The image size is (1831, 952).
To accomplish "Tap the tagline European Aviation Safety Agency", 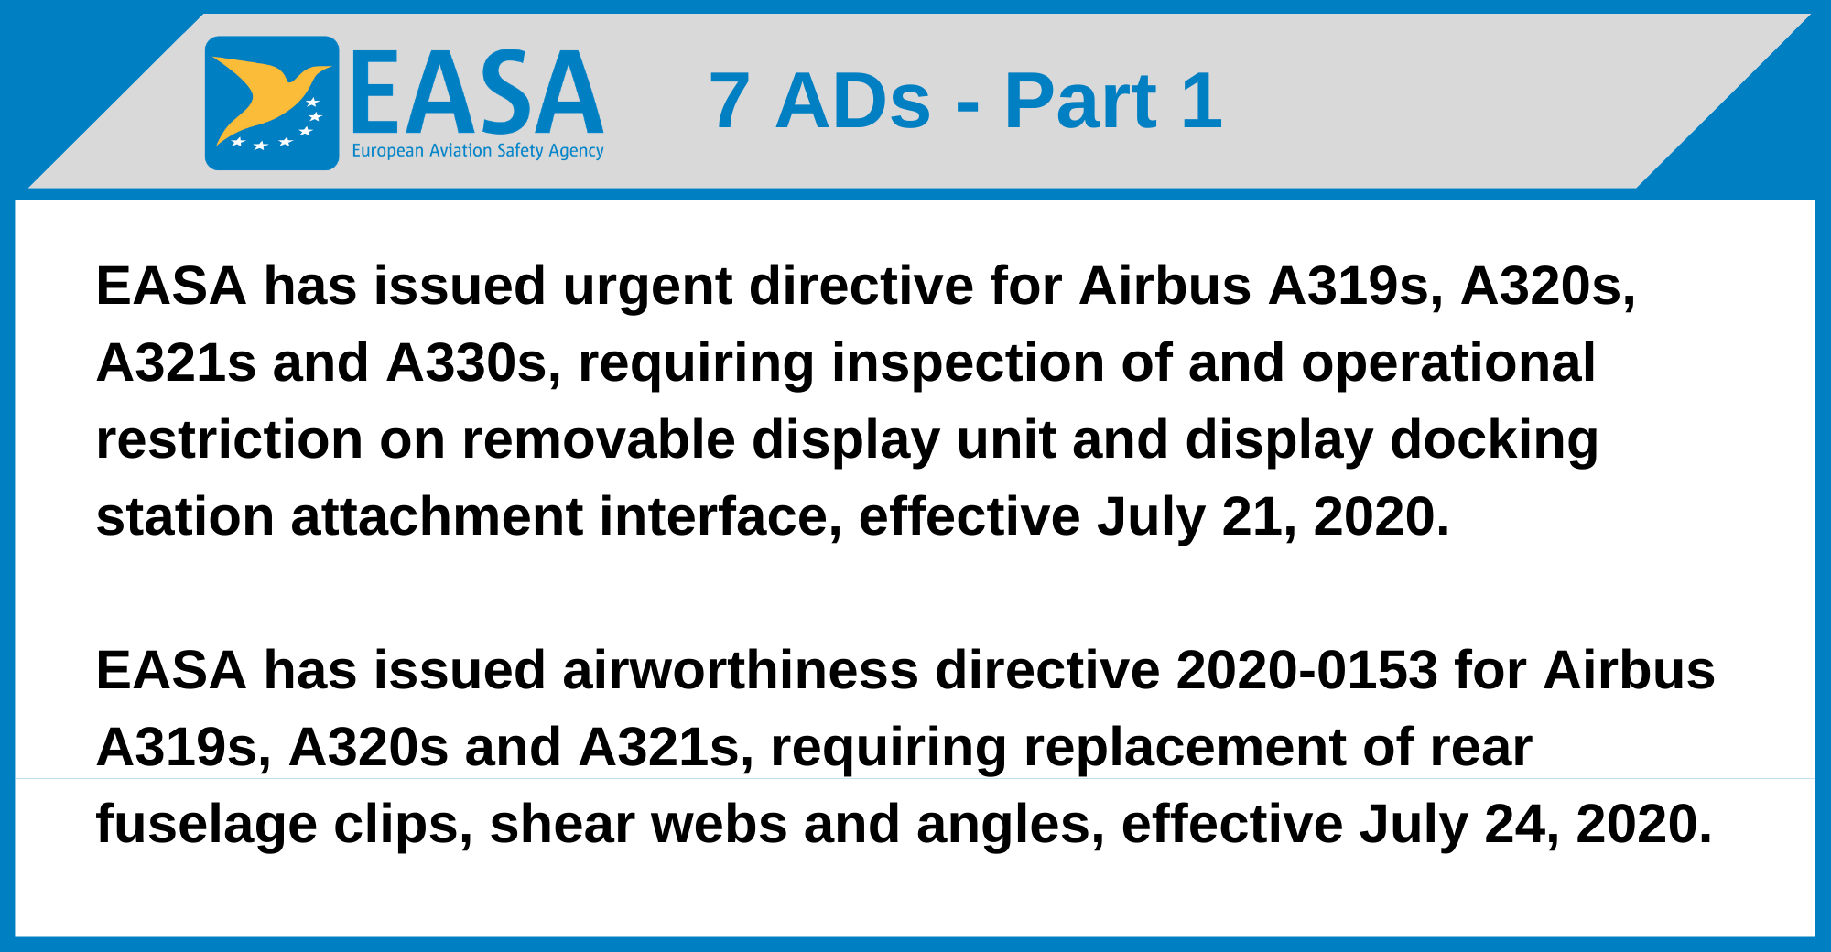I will click(x=477, y=151).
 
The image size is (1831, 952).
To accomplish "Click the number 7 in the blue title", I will click(x=729, y=101).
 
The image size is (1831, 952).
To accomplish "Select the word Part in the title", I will click(x=1080, y=101).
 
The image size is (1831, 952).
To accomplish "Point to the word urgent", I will click(x=646, y=287).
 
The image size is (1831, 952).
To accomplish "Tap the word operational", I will click(x=1448, y=363).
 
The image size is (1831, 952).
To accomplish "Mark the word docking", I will click(x=1494, y=440).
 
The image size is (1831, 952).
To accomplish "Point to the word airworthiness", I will click(x=740, y=671).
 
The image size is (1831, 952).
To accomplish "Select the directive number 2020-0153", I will click(x=1306, y=671).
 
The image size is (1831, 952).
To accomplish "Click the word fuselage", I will click(x=206, y=825).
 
